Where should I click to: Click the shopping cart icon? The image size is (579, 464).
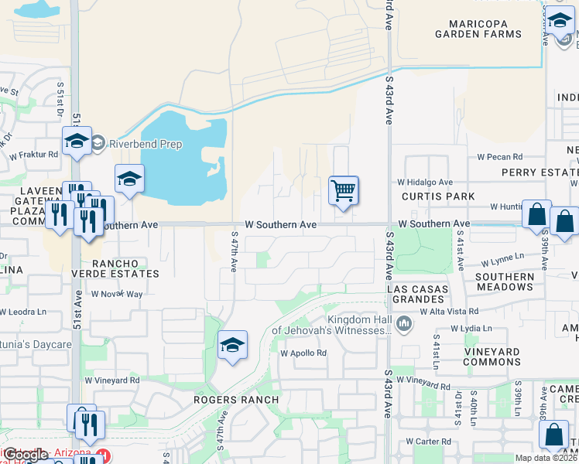point(343,189)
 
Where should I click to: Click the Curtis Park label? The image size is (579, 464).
point(438,196)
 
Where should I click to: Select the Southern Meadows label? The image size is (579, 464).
point(505,281)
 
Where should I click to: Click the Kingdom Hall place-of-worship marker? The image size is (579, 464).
point(403,323)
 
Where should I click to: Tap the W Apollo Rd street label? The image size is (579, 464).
point(303,353)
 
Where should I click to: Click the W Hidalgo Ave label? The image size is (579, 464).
point(424,183)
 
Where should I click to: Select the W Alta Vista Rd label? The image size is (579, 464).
point(450,311)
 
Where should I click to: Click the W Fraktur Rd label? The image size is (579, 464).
point(33,155)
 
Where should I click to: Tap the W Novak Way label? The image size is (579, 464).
point(117,294)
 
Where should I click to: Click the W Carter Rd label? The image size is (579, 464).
point(430,442)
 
